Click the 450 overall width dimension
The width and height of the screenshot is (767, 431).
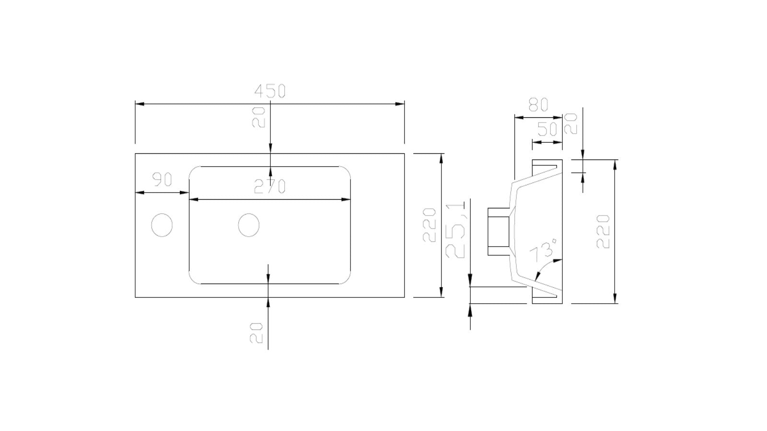269,91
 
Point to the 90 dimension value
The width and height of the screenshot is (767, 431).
162,180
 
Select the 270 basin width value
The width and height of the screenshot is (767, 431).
269,186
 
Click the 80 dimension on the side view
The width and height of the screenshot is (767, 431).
538,105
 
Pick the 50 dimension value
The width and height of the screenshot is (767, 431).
547,129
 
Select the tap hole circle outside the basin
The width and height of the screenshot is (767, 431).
162,225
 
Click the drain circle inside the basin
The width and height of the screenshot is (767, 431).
249,225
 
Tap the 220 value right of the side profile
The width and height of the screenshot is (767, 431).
603,231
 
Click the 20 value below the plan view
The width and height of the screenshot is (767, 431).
256,332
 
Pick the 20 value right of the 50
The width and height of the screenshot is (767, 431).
570,124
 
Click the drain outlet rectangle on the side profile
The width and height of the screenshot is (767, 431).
499,231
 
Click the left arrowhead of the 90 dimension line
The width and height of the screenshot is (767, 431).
139,193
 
